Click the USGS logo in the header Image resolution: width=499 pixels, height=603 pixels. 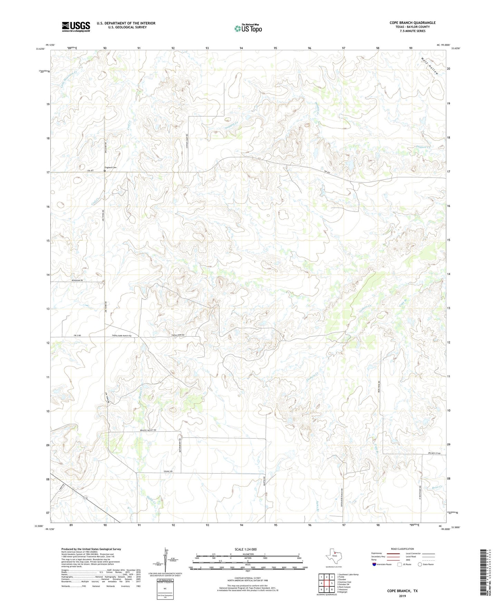point(76,26)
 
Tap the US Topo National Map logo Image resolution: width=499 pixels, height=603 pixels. point(248,28)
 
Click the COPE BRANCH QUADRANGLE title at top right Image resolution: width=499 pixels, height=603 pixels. point(412,23)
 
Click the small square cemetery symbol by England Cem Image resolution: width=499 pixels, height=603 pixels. point(105,171)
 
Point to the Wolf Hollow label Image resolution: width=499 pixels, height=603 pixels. point(429,66)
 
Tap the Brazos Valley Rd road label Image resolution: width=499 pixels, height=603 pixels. point(148,430)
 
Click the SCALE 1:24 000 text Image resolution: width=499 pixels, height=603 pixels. point(245,549)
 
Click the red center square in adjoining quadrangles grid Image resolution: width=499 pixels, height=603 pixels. point(327,583)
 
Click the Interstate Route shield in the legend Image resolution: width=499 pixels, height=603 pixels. point(375,564)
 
